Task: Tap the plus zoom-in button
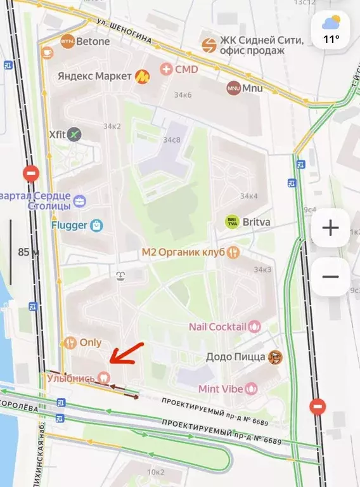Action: pyautogui.click(x=330, y=228)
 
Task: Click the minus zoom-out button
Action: pyautogui.click(x=330, y=276)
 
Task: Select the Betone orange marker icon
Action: pyautogui.click(x=67, y=42)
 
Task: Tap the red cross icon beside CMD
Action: pyautogui.click(x=166, y=69)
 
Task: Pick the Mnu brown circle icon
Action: pyautogui.click(x=233, y=88)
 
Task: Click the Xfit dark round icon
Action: pyautogui.click(x=75, y=134)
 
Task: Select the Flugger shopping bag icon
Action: pyautogui.click(x=95, y=224)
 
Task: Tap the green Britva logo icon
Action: pyautogui.click(x=233, y=222)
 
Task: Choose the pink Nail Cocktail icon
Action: pyautogui.click(x=254, y=327)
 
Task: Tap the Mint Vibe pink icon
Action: pyautogui.click(x=252, y=387)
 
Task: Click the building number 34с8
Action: pyautogui.click(x=171, y=140)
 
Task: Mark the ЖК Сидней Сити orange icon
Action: pyautogui.click(x=209, y=44)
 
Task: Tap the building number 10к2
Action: pyautogui.click(x=156, y=472)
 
